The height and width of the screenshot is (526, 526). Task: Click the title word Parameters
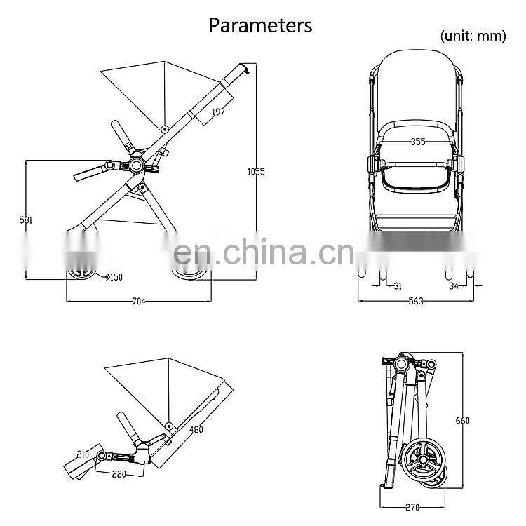click(260, 26)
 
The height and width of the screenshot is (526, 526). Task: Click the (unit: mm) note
click(473, 36)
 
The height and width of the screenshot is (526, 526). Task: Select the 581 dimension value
click(26, 220)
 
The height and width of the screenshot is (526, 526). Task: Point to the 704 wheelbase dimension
click(138, 302)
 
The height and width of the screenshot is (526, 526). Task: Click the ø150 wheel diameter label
click(110, 277)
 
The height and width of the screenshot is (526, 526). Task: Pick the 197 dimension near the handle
click(219, 112)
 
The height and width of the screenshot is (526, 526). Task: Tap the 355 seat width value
click(418, 142)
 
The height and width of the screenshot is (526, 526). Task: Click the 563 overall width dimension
click(417, 302)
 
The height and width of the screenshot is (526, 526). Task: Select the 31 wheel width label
click(398, 285)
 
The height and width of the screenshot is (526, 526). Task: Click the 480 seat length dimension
click(196, 429)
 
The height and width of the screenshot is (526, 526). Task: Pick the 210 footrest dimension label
click(83, 454)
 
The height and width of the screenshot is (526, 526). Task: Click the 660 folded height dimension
click(462, 421)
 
